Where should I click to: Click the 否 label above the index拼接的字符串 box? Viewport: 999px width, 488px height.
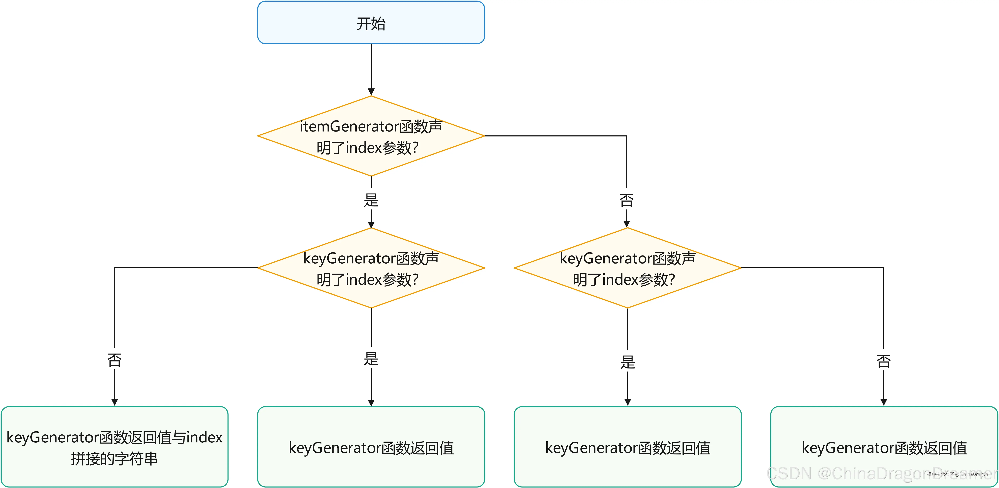click(x=114, y=360)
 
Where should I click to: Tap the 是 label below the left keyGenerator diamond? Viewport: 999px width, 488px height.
click(x=371, y=358)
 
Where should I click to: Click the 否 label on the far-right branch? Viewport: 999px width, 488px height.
click(x=884, y=361)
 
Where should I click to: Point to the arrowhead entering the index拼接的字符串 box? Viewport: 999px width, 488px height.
click(x=114, y=402)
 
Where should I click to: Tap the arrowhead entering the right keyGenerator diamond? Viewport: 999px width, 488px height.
click(x=626, y=224)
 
